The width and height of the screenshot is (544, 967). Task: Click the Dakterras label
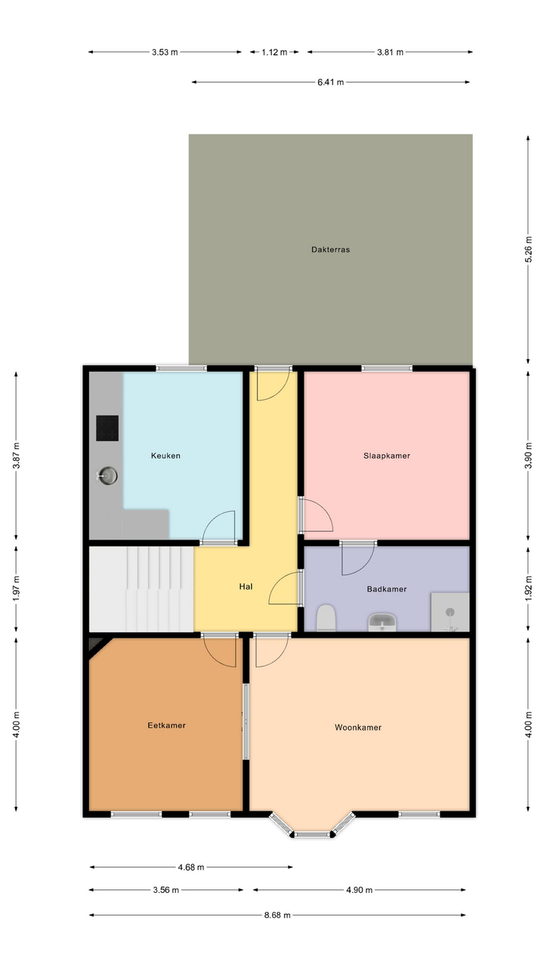click(330, 249)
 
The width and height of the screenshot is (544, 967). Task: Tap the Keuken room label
click(165, 456)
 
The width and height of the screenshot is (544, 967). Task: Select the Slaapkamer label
click(386, 456)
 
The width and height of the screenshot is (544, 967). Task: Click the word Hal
click(246, 586)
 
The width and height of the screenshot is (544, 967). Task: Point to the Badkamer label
click(386, 589)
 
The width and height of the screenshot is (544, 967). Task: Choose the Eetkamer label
click(166, 725)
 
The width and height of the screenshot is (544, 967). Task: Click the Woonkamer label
click(358, 728)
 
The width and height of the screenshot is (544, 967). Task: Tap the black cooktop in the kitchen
click(107, 428)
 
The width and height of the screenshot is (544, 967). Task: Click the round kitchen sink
click(107, 476)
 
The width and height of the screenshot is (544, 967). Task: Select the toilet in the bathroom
click(326, 618)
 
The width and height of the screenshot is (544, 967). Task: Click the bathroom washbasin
click(382, 622)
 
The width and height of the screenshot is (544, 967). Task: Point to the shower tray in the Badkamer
click(450, 612)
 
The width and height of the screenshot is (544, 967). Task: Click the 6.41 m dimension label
click(331, 82)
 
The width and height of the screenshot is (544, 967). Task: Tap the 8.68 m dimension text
click(277, 915)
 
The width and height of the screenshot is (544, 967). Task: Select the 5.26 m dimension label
click(528, 249)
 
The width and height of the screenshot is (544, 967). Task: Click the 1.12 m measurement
click(274, 52)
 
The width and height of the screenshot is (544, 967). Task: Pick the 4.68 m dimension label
click(191, 867)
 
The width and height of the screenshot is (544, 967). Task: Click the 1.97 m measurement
click(17, 588)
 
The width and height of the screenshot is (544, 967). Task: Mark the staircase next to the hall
click(141, 589)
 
